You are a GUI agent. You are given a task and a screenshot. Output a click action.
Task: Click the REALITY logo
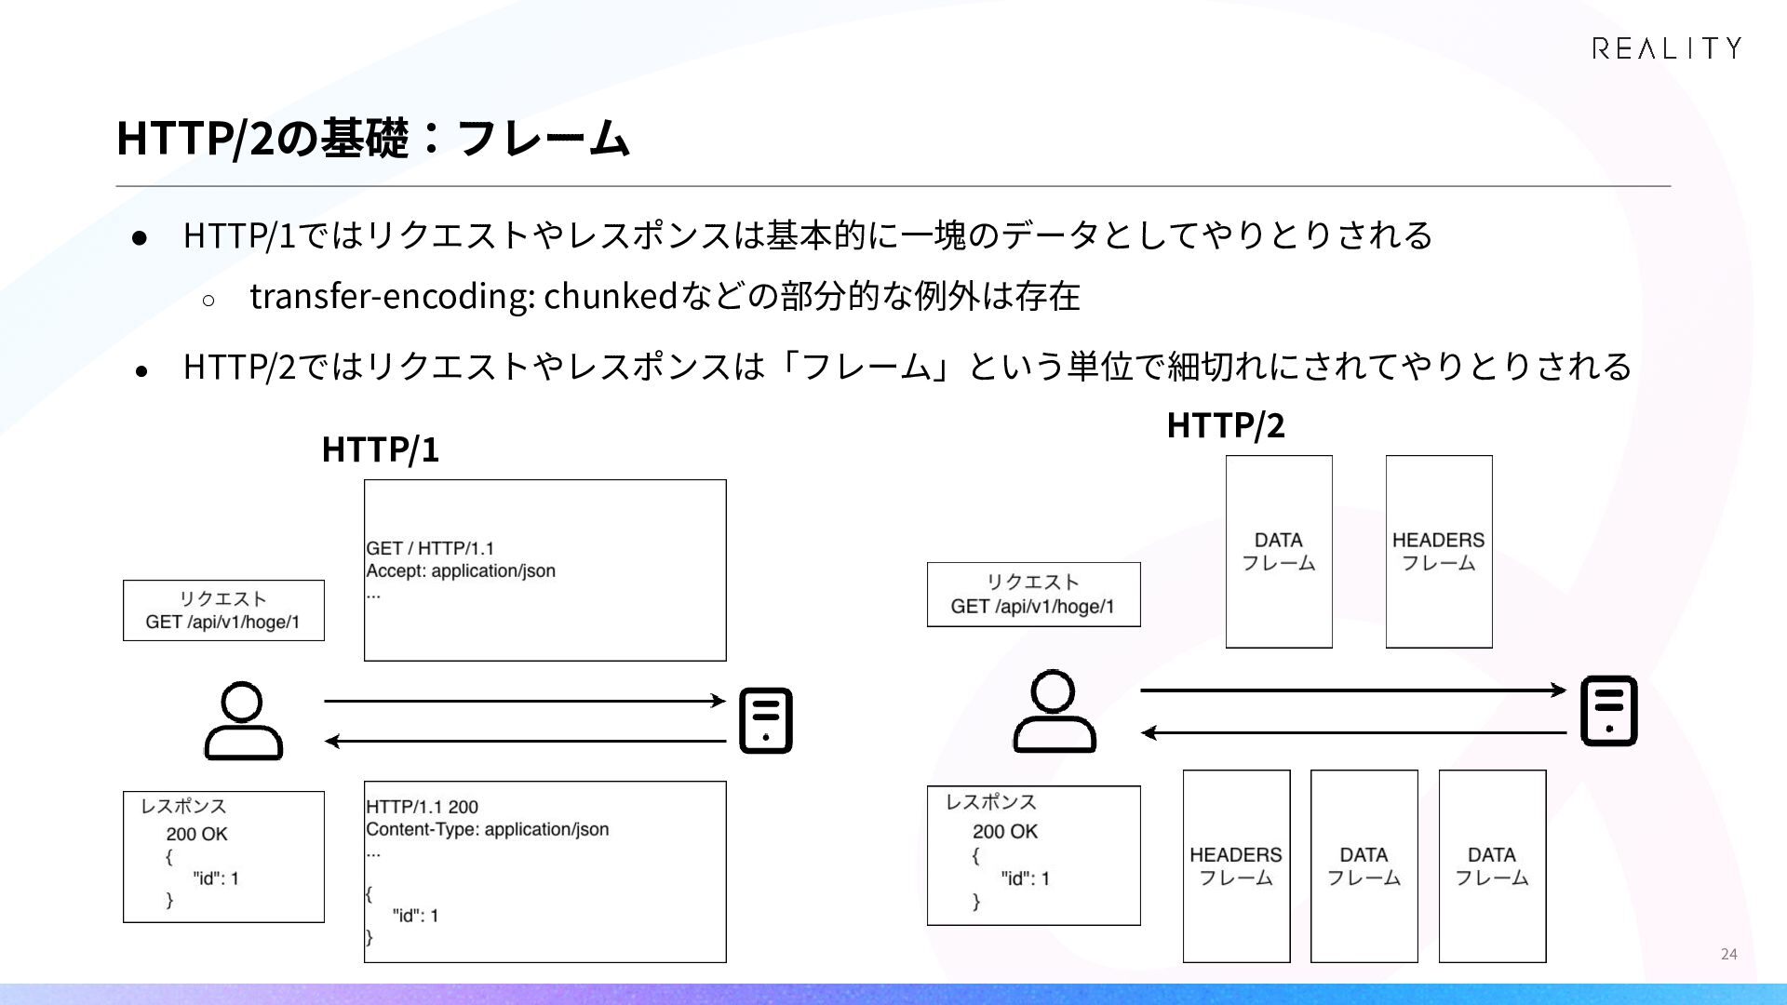click(1666, 48)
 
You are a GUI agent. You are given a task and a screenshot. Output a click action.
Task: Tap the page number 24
click(1728, 954)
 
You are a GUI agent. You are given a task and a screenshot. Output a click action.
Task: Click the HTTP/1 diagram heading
click(380, 450)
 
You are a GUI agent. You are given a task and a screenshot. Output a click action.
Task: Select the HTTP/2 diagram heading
click(1226, 426)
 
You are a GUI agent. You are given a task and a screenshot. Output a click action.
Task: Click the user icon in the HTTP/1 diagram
click(243, 721)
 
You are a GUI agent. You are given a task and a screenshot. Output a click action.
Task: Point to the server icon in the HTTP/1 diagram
click(765, 720)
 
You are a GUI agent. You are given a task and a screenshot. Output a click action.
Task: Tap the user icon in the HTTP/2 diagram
click(1054, 712)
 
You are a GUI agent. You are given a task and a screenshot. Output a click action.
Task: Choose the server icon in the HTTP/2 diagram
click(1608, 711)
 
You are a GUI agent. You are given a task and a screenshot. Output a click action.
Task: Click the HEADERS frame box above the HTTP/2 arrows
click(1439, 552)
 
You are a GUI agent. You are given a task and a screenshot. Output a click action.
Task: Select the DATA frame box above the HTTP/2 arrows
click(1279, 552)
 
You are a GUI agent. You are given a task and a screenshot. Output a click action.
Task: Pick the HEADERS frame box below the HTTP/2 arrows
click(1236, 866)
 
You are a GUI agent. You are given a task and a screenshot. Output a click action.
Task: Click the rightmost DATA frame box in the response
click(1492, 866)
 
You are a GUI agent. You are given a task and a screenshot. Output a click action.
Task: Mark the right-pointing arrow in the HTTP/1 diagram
click(525, 700)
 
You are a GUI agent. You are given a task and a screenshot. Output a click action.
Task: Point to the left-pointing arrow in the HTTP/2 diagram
click(1354, 733)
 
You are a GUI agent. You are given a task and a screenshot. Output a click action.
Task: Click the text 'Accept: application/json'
click(461, 571)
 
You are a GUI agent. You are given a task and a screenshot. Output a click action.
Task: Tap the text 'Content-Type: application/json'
click(488, 829)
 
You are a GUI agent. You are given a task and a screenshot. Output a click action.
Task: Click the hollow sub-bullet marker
click(208, 300)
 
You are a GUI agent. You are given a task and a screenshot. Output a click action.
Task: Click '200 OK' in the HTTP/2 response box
click(1005, 832)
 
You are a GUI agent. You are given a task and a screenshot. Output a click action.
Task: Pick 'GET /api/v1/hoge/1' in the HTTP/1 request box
click(222, 622)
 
